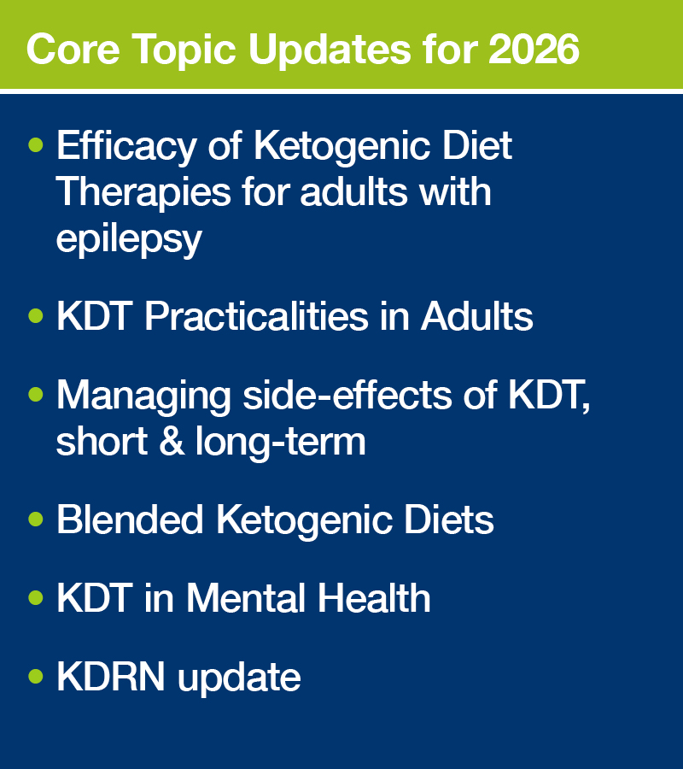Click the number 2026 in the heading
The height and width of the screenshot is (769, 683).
tap(534, 49)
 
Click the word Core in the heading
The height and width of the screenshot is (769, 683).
tap(73, 49)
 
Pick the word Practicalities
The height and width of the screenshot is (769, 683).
tap(256, 316)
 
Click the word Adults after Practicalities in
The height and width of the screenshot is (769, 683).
tap(476, 316)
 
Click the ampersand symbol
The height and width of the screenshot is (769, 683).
tap(172, 440)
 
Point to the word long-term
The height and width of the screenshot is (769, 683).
tap(280, 443)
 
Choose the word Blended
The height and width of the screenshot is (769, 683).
tap(130, 520)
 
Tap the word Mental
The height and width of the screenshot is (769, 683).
tap(247, 597)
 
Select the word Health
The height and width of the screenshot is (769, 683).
tap(374, 597)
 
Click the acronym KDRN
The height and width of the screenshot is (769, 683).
tap(111, 677)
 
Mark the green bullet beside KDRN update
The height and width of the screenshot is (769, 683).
tap(36, 677)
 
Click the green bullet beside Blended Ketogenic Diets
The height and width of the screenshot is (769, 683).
tap(36, 519)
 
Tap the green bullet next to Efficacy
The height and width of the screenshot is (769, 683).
tap(36, 145)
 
